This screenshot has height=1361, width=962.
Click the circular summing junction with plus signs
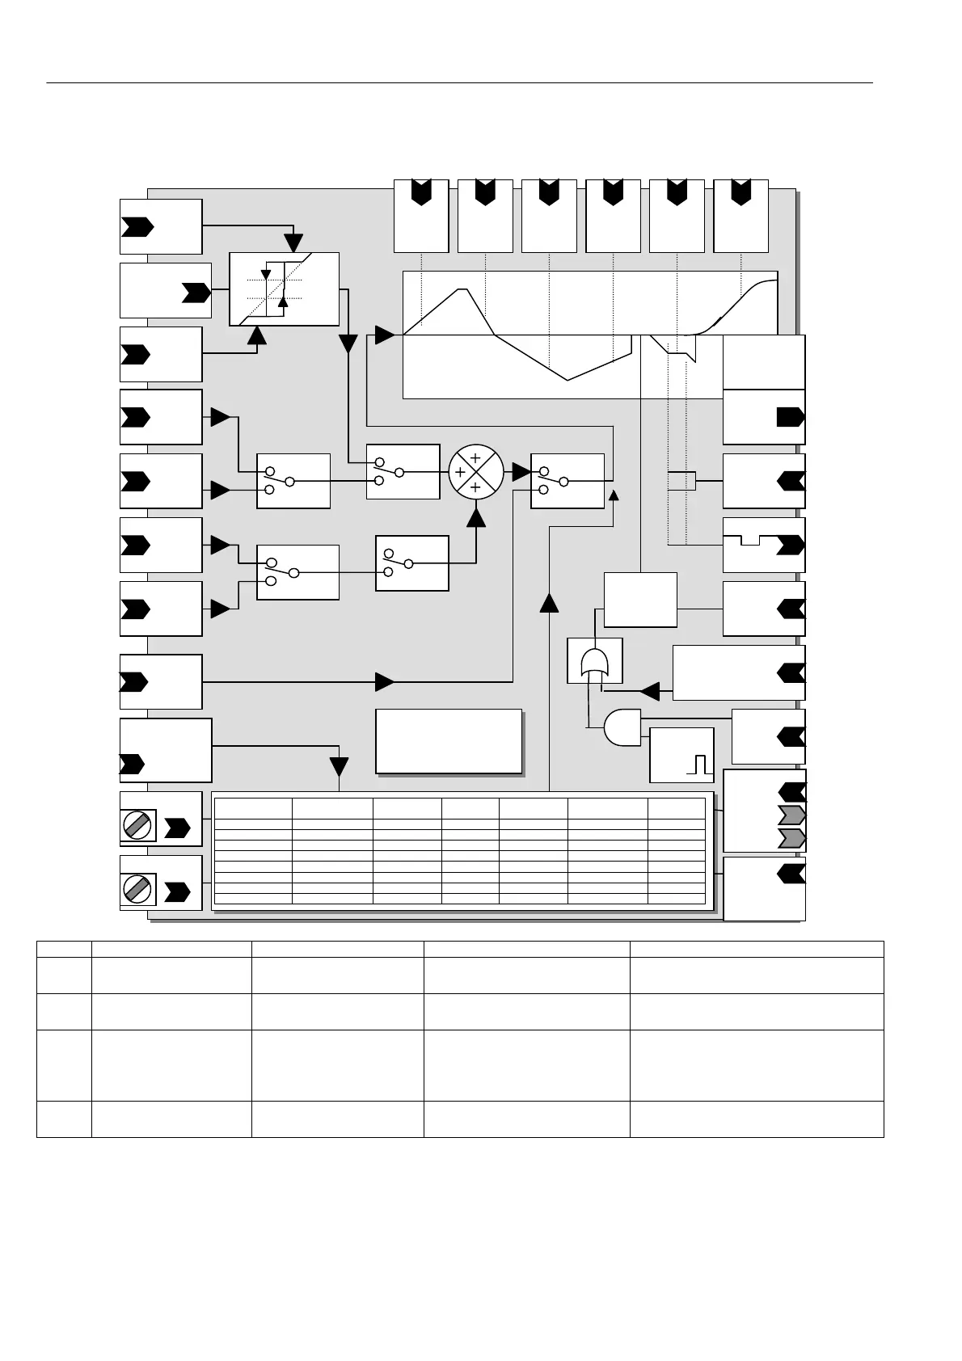point(475,472)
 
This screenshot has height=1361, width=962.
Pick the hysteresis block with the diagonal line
point(284,289)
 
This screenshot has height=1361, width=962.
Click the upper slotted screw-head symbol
point(138,826)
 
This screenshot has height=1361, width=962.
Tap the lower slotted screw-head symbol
point(138,889)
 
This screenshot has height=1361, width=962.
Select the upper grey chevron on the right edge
point(791,814)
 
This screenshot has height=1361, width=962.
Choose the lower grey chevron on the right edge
point(791,837)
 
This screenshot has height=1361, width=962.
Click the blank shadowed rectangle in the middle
point(449,741)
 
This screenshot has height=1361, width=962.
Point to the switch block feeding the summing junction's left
point(403,472)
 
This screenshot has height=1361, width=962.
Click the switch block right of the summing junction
point(567,481)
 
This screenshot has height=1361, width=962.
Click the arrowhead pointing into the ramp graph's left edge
point(386,335)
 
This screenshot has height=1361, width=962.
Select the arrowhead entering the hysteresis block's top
point(294,242)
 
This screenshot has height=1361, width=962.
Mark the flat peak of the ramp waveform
point(462,289)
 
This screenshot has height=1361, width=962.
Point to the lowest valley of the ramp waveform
point(568,379)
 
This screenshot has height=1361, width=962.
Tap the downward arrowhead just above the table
point(339,766)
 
